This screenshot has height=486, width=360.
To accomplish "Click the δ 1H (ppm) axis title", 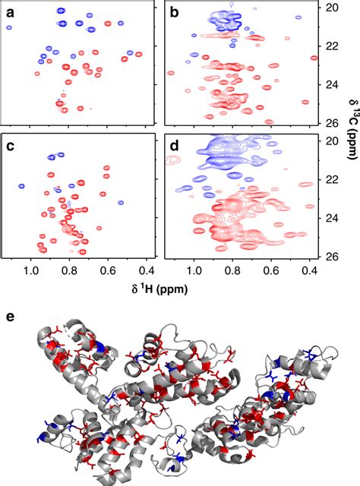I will [158, 289].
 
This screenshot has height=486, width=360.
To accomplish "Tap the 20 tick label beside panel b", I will [331, 8].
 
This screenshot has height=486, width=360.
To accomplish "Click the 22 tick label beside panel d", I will [331, 179].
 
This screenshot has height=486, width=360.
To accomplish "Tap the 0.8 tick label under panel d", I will [233, 270].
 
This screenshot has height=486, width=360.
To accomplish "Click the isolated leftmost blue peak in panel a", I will [10, 27].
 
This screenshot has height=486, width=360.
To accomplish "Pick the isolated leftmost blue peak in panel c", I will [23, 185].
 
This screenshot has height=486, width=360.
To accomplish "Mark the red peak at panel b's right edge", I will [313, 58].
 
